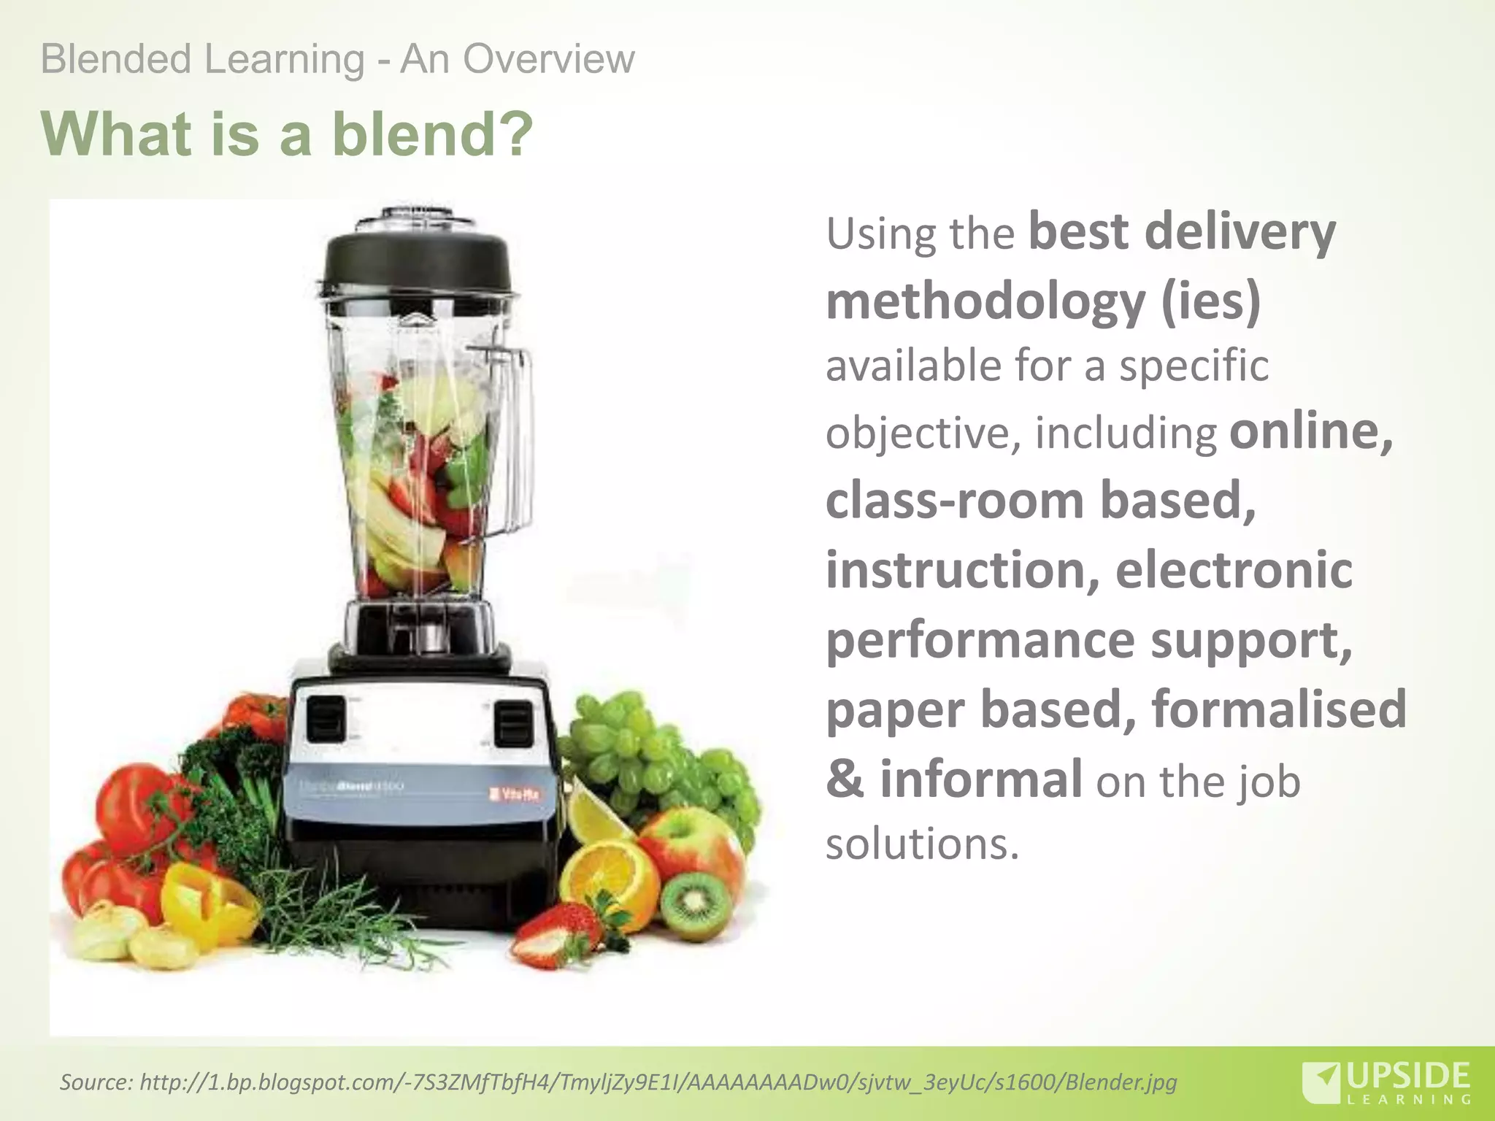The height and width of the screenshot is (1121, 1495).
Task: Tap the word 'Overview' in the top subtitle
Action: (548, 59)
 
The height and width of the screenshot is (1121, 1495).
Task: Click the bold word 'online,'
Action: (1311, 431)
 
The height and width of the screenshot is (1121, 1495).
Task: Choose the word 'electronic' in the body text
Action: (1234, 570)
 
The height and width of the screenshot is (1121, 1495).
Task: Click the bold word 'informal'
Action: (981, 779)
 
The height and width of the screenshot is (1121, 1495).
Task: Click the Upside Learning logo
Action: (1387, 1082)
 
